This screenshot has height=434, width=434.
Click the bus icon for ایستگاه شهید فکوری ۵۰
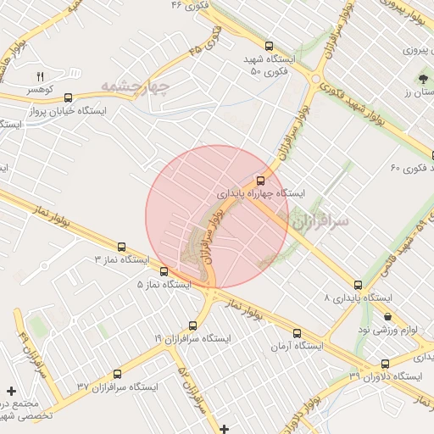[x=270, y=47]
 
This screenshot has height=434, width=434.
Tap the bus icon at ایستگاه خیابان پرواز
[x=68, y=98]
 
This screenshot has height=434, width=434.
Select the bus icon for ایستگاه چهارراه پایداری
[x=260, y=180]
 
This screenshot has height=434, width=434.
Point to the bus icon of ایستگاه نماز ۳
[x=122, y=247]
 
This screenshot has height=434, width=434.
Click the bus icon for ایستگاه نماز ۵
[x=164, y=272]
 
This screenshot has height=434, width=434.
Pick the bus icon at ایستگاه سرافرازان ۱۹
[x=192, y=325]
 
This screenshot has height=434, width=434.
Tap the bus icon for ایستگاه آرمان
[x=297, y=333]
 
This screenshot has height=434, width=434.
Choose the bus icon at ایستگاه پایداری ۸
[x=358, y=286]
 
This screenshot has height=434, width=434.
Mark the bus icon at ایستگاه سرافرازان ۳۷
[x=117, y=374]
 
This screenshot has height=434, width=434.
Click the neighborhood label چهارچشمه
[x=136, y=86]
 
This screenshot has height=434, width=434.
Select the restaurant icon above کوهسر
[x=39, y=77]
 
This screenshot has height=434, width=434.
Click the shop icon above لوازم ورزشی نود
[x=388, y=315]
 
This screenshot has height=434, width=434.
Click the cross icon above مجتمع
[x=11, y=391]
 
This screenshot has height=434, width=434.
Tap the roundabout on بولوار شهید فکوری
[x=315, y=80]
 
